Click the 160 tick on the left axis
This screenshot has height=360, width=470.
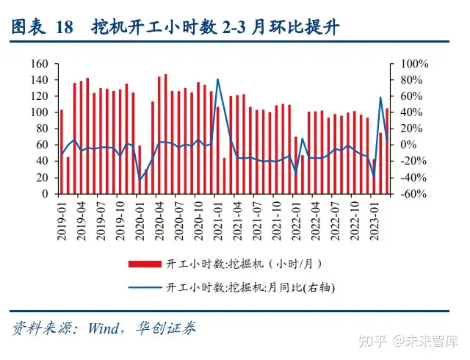(x=40, y=64)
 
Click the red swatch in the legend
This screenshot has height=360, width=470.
(x=146, y=263)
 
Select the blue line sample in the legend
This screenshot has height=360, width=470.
(x=146, y=287)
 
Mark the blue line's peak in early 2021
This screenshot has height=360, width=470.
(x=218, y=79)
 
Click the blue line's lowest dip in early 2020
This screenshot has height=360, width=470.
(x=140, y=180)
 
